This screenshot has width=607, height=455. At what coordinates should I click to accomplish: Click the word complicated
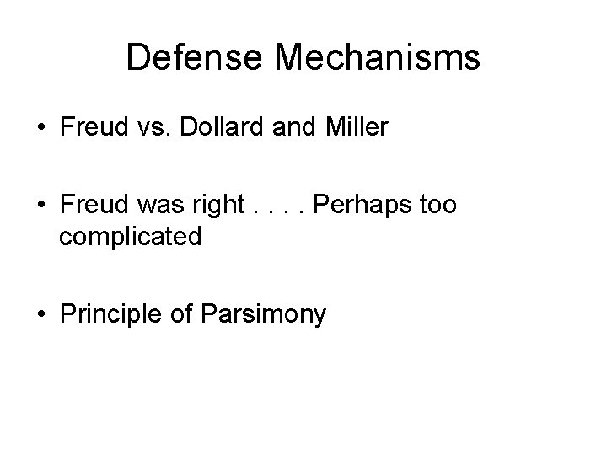[x=130, y=237]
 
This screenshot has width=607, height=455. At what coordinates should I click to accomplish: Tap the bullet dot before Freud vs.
[x=40, y=129]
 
